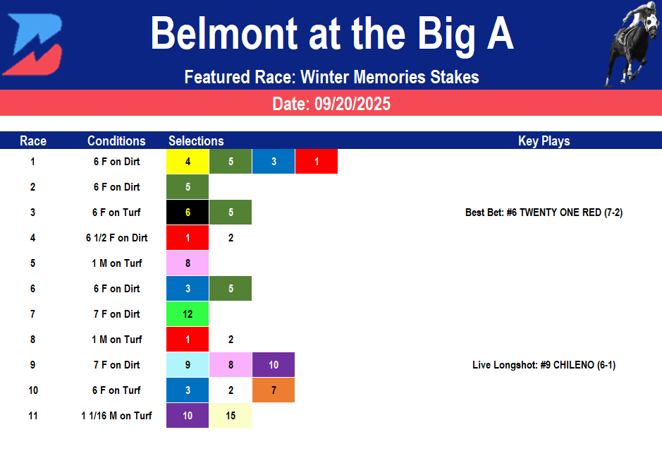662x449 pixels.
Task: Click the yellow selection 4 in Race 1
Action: (188, 162)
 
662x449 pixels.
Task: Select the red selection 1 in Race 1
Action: (317, 162)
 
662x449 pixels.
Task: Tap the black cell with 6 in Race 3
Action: (188, 212)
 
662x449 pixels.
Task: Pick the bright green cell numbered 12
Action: (188, 314)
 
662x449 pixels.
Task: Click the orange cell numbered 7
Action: (274, 390)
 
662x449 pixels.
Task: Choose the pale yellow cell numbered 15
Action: (231, 416)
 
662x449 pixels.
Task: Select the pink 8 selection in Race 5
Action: (188, 263)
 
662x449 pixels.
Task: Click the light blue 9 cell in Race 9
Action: (188, 365)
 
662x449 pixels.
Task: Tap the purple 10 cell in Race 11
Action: (188, 416)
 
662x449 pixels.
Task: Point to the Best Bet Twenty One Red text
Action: (544, 212)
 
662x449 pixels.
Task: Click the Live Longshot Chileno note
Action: (544, 365)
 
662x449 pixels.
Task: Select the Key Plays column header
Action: (544, 140)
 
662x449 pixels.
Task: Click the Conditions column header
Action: (116, 140)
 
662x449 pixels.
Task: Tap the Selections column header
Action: (196, 140)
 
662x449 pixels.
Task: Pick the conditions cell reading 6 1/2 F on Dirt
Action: (116, 238)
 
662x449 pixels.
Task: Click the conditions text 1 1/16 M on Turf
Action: (116, 416)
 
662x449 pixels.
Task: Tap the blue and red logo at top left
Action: (32, 44)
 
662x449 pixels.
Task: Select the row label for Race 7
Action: (32, 314)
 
